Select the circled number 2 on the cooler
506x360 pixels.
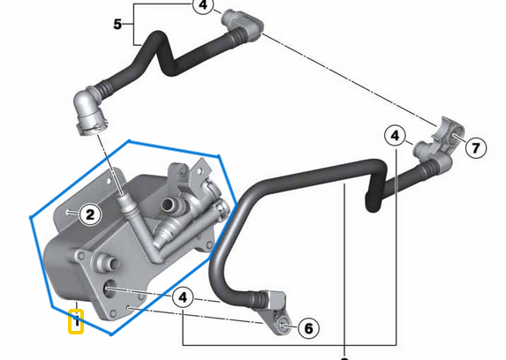89,213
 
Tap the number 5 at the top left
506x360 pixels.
117,24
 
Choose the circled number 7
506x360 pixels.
476,147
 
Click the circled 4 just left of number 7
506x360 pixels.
396,137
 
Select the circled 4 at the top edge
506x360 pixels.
202,6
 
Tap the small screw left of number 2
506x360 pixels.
70,212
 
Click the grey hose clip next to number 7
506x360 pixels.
448,131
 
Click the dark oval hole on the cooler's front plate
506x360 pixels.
109,289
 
